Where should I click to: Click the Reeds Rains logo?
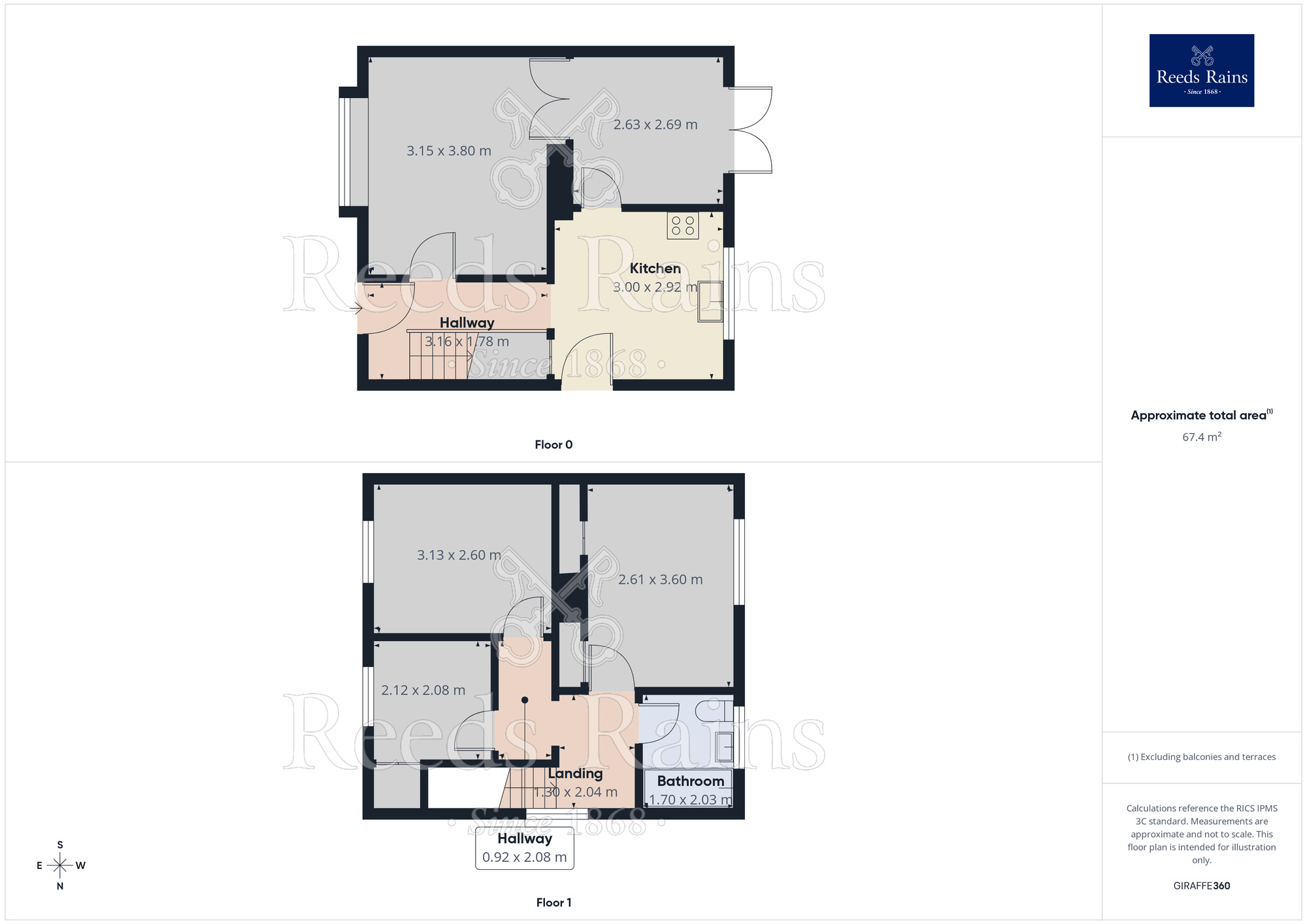coord(1201,71)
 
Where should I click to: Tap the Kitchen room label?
coord(655,269)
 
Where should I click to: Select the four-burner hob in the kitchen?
coord(683,225)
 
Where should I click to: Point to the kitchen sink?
coord(710,301)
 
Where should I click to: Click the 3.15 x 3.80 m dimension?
coord(449,151)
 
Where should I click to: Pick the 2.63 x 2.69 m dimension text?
coord(655,125)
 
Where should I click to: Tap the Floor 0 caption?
coord(554,445)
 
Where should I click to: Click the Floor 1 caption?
coord(554,902)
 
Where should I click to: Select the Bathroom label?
coord(690,781)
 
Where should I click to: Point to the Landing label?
coord(575,774)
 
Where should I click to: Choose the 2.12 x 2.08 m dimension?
coord(423,690)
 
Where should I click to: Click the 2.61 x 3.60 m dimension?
coord(660,580)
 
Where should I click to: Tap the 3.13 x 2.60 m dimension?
coord(459,555)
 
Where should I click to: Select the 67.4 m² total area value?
coord(1201,437)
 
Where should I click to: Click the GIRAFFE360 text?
coord(1201,886)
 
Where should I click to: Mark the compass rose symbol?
coord(60,866)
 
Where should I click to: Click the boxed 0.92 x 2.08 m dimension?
coord(525,857)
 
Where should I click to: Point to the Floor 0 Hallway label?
coord(467,323)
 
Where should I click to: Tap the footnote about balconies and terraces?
coord(1201,757)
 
